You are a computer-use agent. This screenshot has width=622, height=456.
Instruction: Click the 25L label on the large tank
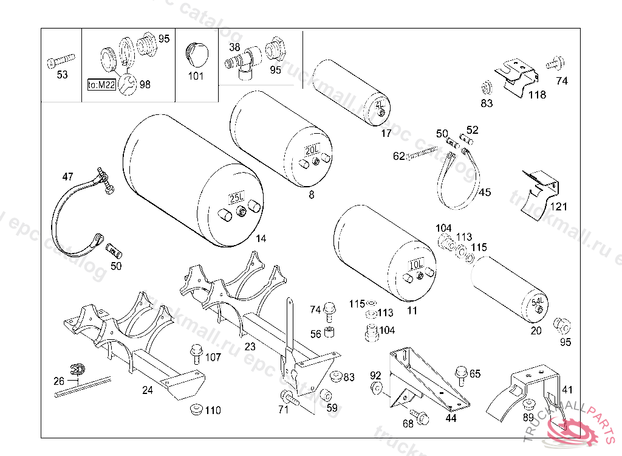click(x=236, y=198)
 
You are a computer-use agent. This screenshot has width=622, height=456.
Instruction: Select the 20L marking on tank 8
click(x=312, y=150)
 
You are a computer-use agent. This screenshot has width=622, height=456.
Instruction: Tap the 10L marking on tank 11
click(x=416, y=265)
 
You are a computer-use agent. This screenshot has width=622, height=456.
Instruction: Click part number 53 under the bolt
click(x=63, y=75)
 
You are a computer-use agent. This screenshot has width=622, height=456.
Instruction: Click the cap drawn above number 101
click(x=196, y=53)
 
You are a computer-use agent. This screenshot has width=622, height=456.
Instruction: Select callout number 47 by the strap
click(x=67, y=177)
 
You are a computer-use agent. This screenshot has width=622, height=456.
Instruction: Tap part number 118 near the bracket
click(x=536, y=95)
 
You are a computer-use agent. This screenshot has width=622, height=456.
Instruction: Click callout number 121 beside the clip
click(x=558, y=207)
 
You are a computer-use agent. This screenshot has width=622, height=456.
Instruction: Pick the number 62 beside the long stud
click(x=398, y=156)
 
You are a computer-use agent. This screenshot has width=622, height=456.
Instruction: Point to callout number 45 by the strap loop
click(x=484, y=193)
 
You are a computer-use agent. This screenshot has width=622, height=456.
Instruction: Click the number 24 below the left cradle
click(x=148, y=390)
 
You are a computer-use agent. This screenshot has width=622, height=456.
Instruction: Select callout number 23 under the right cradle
click(x=250, y=347)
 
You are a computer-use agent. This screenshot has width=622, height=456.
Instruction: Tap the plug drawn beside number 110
click(x=196, y=409)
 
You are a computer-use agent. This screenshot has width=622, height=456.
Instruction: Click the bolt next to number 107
click(x=196, y=353)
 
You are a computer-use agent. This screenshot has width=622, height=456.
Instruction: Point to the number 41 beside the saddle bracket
click(x=567, y=390)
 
